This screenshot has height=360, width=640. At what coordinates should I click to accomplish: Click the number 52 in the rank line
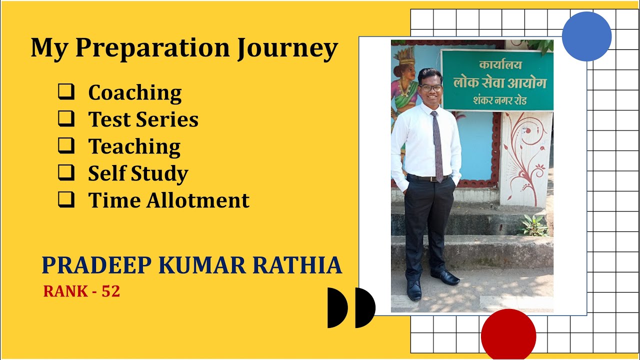coord(110,291)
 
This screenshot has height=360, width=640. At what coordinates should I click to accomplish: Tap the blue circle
coord(586,36)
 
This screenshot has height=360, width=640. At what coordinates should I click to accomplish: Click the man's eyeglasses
coord(431,88)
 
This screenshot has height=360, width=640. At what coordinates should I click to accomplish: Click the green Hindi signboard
coord(497,80)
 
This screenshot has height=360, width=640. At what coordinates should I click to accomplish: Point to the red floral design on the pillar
coord(524,150)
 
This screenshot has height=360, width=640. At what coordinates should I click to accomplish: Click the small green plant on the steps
coord(534,225)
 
